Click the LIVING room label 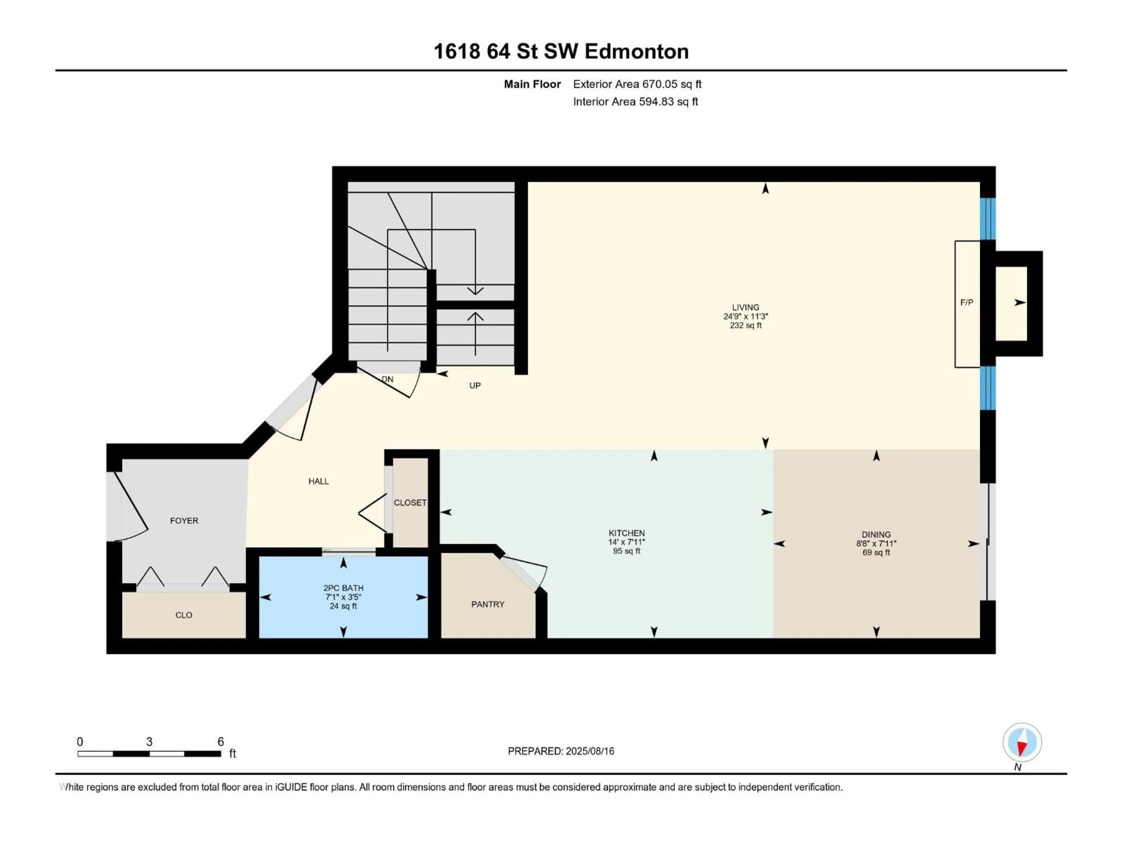745,307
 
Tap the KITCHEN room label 626,533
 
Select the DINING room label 876,534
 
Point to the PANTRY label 488,604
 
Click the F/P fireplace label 967,303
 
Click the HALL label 318,481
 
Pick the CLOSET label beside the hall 410,503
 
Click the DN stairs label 387,379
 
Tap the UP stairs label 475,386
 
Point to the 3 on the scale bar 149,741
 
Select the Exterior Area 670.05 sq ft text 637,84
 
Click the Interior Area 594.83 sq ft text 635,101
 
